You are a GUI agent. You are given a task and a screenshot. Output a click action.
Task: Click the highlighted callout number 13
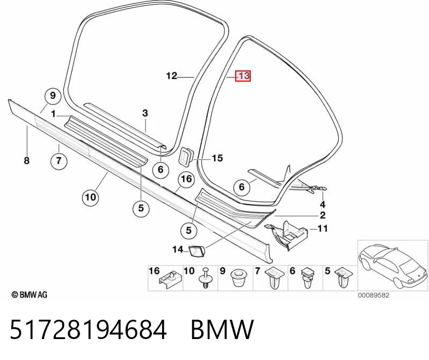pos(243,76)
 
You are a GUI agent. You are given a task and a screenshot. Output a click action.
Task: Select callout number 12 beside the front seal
pos(171,76)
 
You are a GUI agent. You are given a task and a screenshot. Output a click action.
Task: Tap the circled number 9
pos(53,96)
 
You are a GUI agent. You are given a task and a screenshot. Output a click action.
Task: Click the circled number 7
pos(59,161)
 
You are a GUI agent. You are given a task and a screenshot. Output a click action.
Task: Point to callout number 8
pos(26,161)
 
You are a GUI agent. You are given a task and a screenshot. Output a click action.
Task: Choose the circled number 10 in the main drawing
pos(91,197)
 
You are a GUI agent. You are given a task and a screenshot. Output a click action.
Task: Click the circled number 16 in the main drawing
pos(186,179)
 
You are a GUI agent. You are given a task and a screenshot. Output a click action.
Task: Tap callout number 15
pos(217,158)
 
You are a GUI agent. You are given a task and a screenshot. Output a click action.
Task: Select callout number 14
pos(178,249)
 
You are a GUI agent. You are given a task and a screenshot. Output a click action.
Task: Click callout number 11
pos(323,228)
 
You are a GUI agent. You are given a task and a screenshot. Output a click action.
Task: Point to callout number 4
pos(323,205)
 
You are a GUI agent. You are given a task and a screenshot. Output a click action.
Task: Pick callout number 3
pos(145,113)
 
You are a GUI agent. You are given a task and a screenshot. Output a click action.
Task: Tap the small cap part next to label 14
pos(197,250)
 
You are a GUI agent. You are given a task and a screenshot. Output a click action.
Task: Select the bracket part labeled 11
pos(286,235)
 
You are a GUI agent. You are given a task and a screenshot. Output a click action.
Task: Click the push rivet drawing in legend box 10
pos(206,278)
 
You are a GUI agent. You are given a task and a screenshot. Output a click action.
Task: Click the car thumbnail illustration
pos(393,265)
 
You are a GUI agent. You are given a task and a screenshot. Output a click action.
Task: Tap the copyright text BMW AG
pos(30,295)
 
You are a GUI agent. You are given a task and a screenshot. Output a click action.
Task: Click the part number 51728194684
pos(89,329)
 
